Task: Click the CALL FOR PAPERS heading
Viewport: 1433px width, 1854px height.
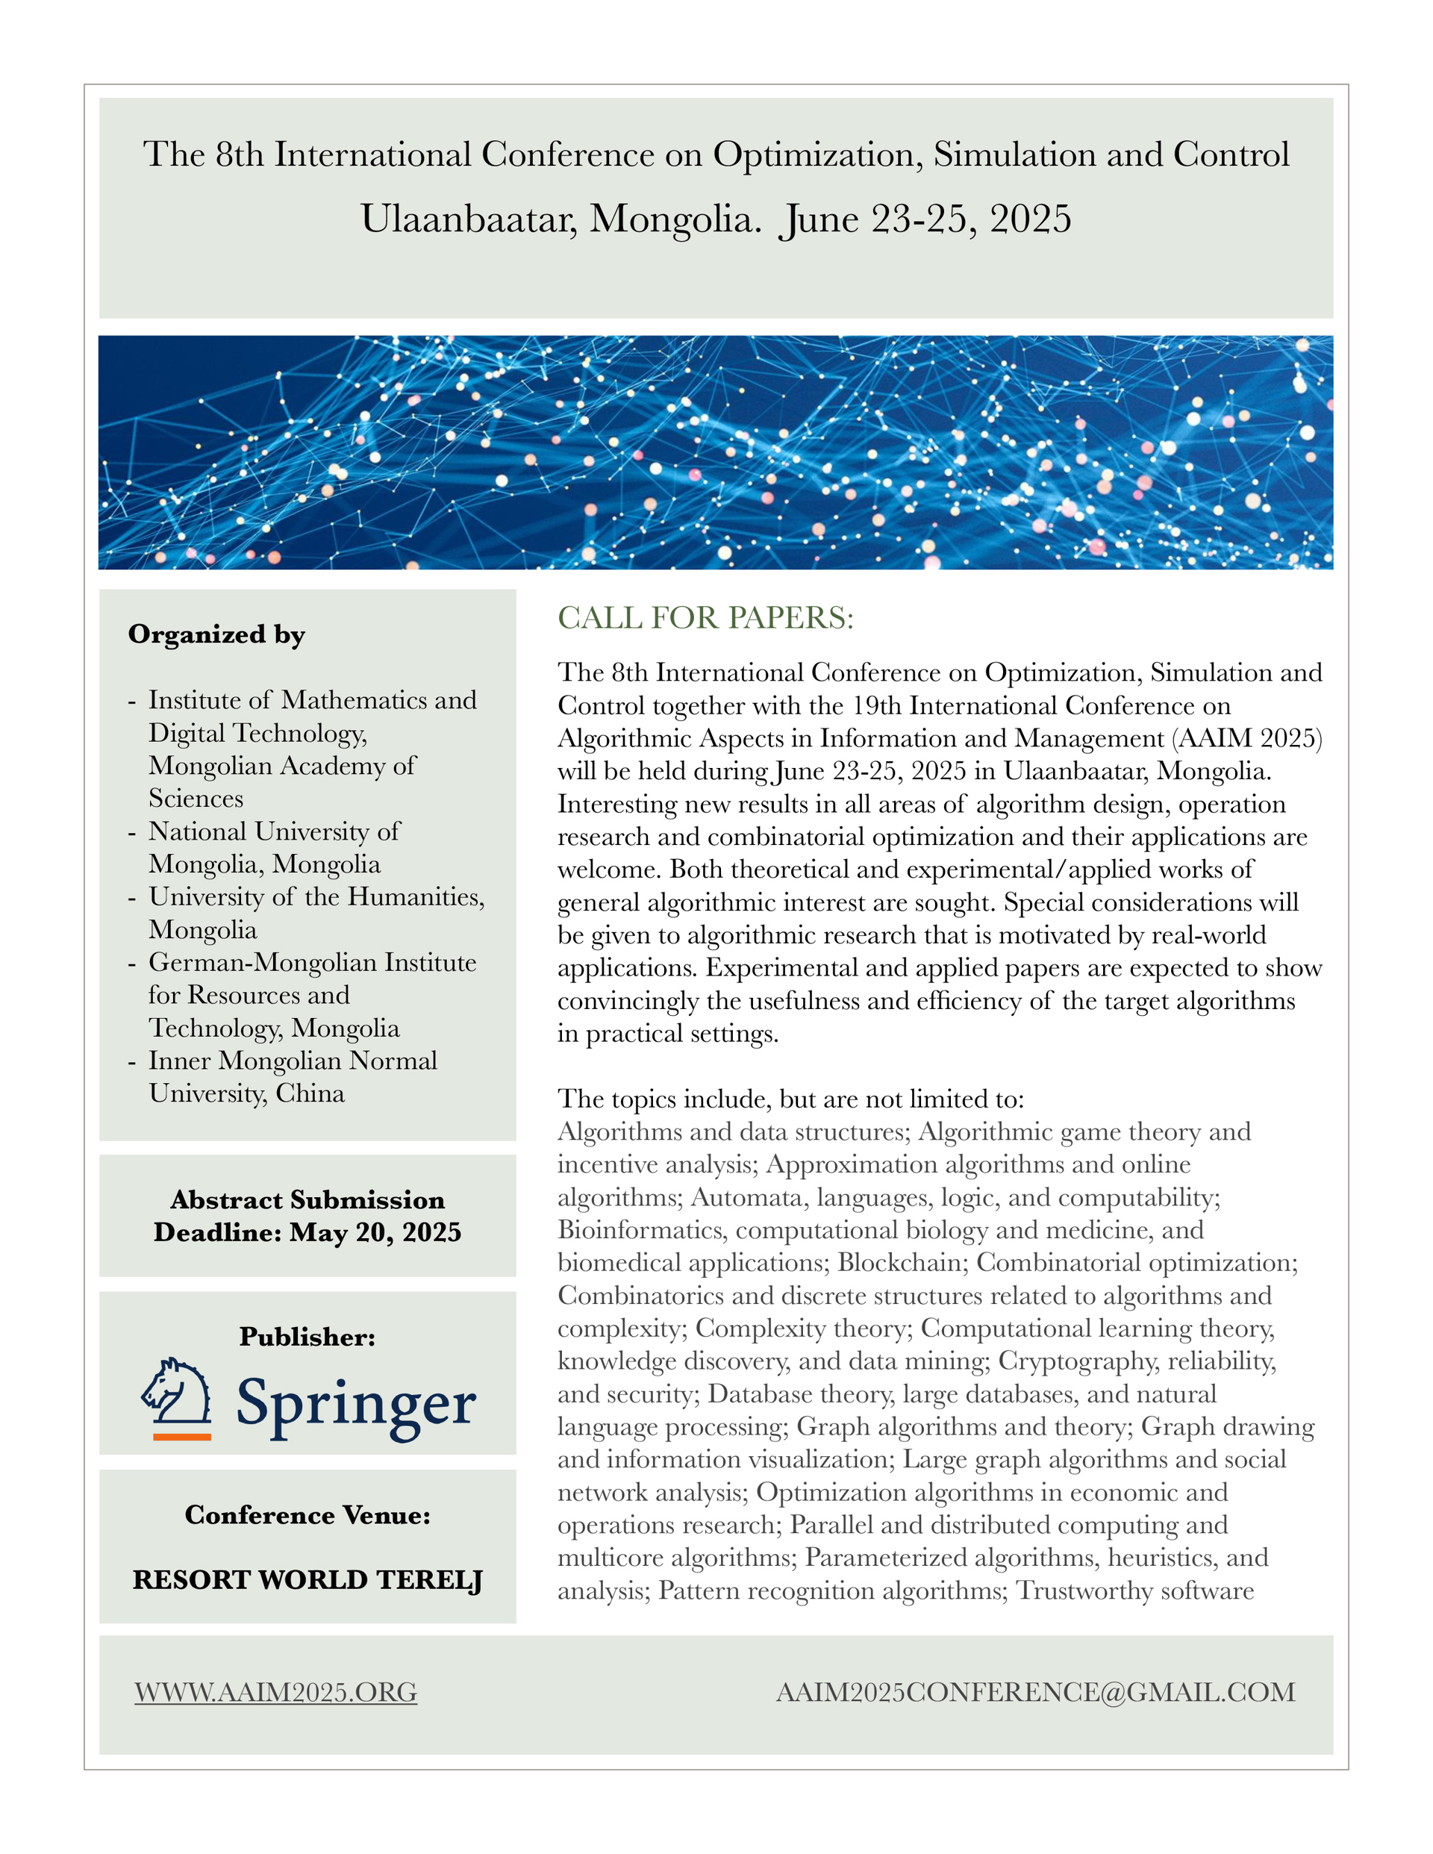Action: [x=705, y=618]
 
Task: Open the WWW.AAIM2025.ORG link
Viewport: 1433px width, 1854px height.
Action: [x=276, y=1692]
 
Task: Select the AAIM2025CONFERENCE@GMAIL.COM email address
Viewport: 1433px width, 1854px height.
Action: [x=1035, y=1692]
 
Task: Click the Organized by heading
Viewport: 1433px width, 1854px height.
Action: [x=216, y=635]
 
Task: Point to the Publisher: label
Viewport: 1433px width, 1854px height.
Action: [x=307, y=1337]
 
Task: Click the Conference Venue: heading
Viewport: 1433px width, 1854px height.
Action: [x=307, y=1515]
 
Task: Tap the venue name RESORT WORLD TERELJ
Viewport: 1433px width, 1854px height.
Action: [x=307, y=1580]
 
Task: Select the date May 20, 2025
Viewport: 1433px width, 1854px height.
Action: [x=375, y=1232]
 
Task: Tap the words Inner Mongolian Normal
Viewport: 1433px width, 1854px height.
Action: [x=293, y=1061]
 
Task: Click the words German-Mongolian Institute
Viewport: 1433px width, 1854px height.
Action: [x=313, y=963]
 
